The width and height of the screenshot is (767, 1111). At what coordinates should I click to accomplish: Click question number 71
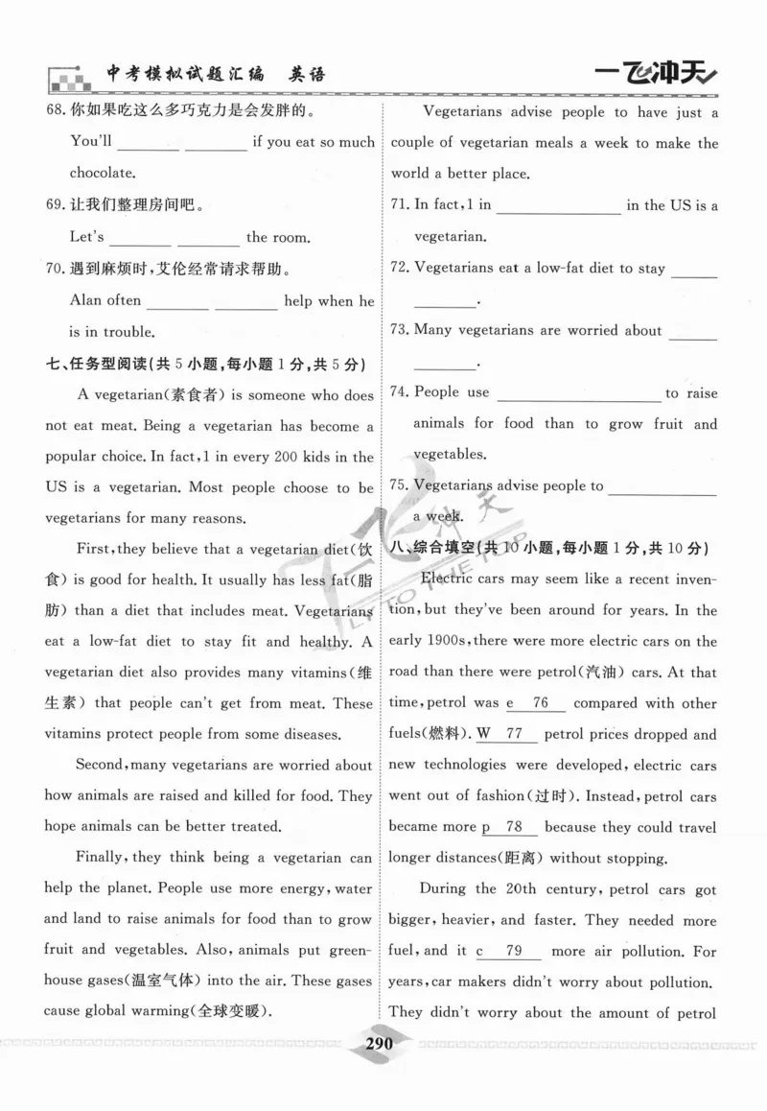pyautogui.click(x=401, y=204)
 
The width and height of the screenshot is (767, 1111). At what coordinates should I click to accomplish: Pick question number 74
pyautogui.click(x=401, y=392)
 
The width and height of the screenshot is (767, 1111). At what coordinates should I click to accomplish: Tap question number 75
pyautogui.click(x=401, y=485)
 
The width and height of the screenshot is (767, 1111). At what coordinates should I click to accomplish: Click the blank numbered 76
pyautogui.click(x=540, y=703)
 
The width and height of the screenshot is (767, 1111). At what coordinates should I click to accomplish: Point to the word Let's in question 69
pyautogui.click(x=87, y=237)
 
